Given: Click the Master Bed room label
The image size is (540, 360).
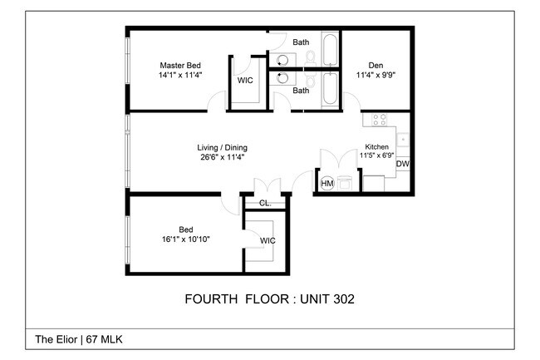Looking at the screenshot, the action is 180,65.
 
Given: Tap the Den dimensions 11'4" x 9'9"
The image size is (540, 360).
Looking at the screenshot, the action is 376,75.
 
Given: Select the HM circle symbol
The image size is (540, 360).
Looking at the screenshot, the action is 326,183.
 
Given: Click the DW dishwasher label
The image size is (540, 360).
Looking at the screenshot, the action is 403,164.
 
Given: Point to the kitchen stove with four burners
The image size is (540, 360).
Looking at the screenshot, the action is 379,120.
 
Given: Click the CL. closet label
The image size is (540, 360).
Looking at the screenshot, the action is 265,203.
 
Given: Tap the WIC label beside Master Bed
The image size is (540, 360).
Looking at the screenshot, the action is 245,81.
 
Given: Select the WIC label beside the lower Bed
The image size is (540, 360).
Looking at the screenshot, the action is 268,240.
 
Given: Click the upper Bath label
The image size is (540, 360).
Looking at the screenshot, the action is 301,42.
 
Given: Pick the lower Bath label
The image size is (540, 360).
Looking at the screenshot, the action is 301,91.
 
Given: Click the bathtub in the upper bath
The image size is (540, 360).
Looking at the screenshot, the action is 330,48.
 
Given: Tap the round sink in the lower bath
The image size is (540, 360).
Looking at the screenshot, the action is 282,78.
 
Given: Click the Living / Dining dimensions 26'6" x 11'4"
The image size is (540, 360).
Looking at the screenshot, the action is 222,157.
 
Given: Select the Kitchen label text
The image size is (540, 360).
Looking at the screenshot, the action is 377,147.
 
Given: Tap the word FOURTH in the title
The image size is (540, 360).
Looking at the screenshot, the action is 211,299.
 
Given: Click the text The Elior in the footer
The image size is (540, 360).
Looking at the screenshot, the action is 56,339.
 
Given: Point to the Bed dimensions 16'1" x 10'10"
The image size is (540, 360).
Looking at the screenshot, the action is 186,239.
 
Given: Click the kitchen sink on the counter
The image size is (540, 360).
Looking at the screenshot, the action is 402,140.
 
